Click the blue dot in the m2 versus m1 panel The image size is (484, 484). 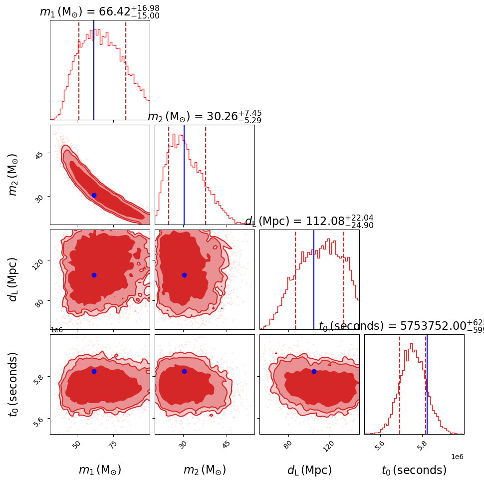pyautogui.click(x=94, y=195)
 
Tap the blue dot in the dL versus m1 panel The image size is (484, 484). pyautogui.click(x=94, y=275)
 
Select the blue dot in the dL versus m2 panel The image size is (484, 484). pyautogui.click(x=184, y=275)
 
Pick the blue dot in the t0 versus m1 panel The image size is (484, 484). pyautogui.click(x=94, y=371)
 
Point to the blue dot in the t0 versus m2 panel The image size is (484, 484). pyautogui.click(x=184, y=371)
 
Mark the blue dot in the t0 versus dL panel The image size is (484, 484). pyautogui.click(x=314, y=371)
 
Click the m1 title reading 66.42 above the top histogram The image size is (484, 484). pyautogui.click(x=99, y=12)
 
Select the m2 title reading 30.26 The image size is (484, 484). pyautogui.click(x=205, y=117)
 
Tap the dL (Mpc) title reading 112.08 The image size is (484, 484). pyautogui.click(x=309, y=222)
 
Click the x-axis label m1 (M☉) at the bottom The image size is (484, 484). pyautogui.click(x=100, y=470)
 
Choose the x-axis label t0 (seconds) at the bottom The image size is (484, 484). pyautogui.click(x=414, y=470)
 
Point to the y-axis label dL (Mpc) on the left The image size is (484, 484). pyautogui.click(x=13, y=279)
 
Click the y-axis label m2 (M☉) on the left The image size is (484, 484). pyautogui.click(x=13, y=175)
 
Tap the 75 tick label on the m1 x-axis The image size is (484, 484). pyautogui.click(x=113, y=445)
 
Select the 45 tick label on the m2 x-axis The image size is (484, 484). pyautogui.click(x=226, y=445)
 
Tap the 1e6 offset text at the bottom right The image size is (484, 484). pyautogui.click(x=457, y=457)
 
